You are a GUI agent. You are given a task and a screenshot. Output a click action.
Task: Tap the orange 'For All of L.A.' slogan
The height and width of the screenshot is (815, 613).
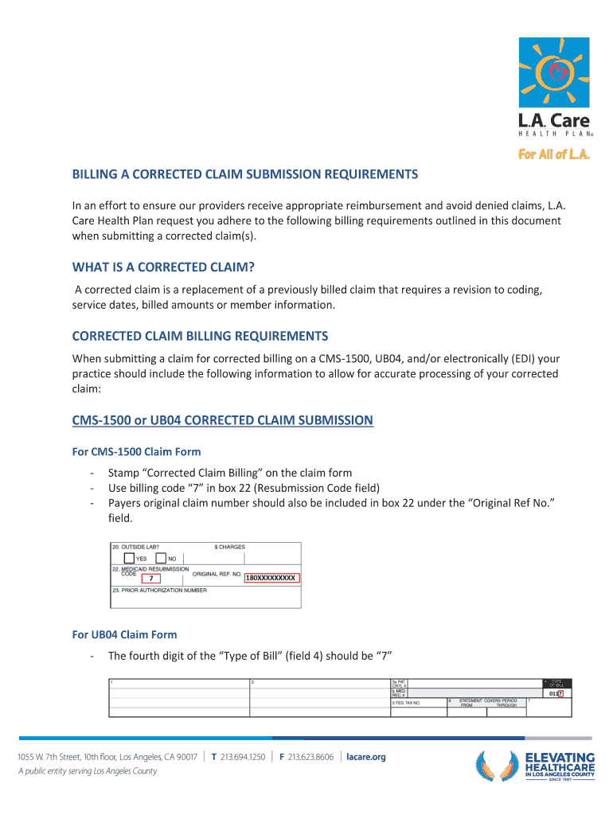click(554, 155)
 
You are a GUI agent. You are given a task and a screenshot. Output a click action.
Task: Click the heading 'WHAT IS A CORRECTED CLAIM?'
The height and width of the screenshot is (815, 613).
click(168, 267)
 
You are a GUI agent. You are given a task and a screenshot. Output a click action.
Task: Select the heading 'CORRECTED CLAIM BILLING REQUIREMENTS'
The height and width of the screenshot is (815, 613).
click(200, 335)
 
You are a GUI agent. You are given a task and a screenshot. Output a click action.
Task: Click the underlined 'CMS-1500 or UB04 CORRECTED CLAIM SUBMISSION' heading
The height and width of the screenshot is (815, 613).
click(222, 419)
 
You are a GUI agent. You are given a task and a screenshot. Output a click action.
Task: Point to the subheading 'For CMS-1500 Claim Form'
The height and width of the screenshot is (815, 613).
click(136, 452)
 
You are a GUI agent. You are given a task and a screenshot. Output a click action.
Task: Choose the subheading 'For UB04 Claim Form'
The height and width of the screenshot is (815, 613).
click(124, 634)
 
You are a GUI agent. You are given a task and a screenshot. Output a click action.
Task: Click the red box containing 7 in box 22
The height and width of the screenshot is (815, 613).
click(150, 578)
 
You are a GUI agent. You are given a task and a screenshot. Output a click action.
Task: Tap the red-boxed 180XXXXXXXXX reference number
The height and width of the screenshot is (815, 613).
click(271, 578)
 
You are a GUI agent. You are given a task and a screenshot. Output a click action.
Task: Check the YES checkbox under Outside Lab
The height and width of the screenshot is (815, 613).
click(129, 558)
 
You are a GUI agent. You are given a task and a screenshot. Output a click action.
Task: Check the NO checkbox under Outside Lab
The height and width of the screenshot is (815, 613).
click(161, 558)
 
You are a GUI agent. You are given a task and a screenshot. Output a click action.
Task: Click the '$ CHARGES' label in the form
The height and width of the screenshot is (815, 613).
click(230, 547)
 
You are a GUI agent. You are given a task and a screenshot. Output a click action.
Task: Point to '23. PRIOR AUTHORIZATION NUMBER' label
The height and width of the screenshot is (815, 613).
click(159, 591)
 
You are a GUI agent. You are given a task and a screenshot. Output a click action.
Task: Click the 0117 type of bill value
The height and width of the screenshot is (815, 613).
click(556, 693)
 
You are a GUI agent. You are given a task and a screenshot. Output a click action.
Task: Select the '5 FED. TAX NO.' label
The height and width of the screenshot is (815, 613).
click(406, 704)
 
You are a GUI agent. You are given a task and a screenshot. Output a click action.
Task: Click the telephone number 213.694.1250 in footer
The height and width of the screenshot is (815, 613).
click(243, 757)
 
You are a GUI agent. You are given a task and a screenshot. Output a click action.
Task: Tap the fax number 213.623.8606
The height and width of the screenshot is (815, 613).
click(311, 757)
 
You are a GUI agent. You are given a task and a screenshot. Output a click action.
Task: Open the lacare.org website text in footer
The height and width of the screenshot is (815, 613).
click(366, 757)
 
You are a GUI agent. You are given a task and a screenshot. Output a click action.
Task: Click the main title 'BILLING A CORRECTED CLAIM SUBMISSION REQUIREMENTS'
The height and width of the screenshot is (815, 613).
click(245, 174)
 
